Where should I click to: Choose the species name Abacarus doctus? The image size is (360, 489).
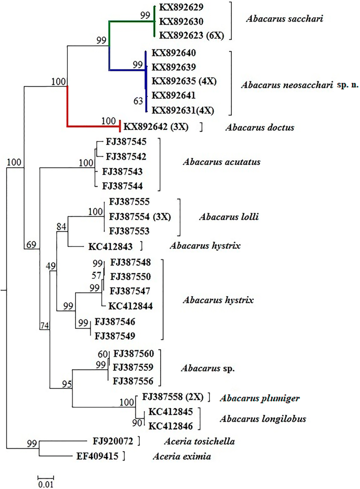point(254,127)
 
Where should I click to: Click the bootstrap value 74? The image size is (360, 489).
point(45,326)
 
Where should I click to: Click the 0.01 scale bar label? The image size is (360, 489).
point(46,483)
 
